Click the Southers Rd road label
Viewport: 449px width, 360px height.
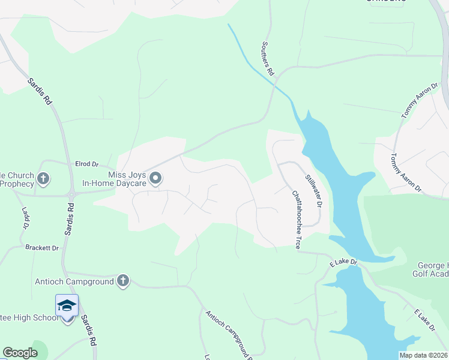click(x=268, y=58)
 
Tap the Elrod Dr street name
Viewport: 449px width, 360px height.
click(x=86, y=164)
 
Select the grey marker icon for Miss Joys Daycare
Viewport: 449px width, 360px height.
click(x=156, y=178)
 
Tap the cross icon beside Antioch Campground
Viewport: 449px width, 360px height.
click(x=122, y=281)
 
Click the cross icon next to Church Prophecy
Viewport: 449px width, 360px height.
click(x=43, y=178)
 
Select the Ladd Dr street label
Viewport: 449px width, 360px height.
click(x=25, y=218)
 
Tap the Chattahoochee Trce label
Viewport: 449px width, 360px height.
click(x=296, y=220)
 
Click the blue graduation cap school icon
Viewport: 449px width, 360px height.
click(x=67, y=305)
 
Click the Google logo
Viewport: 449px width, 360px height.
click(x=20, y=353)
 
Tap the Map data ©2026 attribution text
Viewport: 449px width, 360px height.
click(x=423, y=355)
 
